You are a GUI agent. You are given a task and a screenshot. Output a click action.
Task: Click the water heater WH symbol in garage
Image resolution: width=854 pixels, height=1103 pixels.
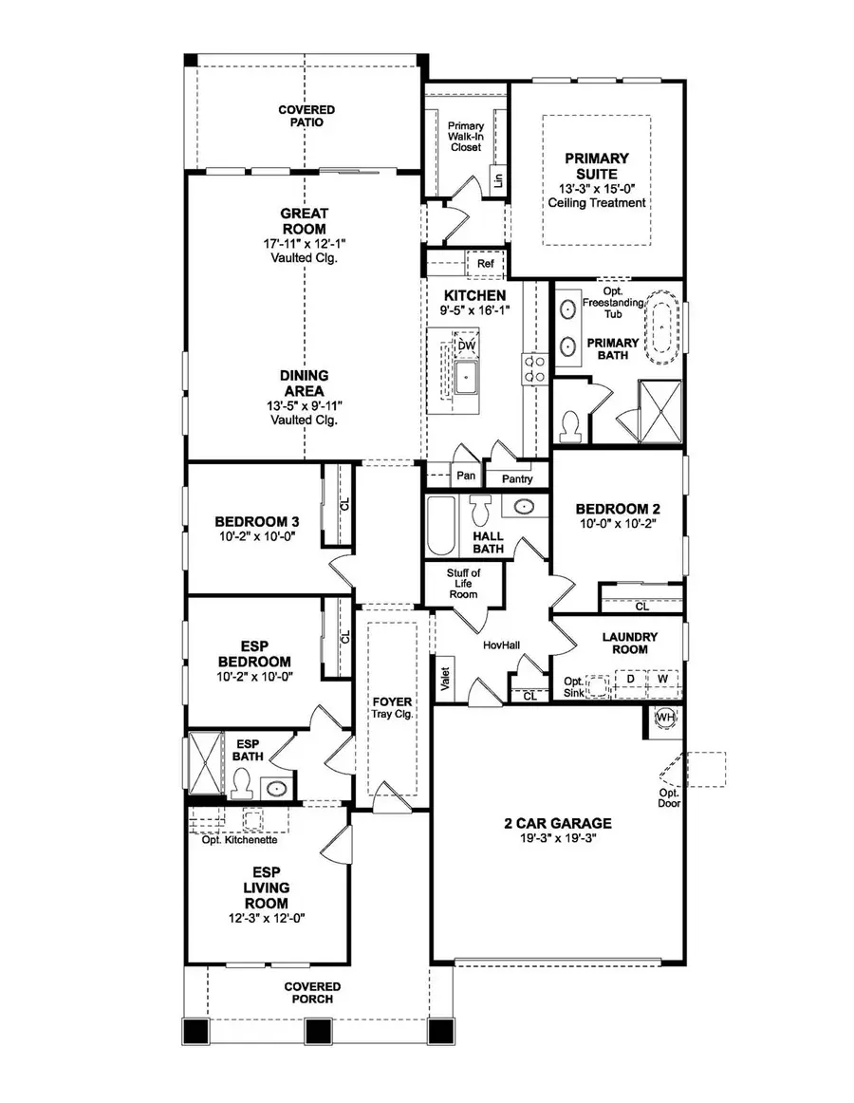(x=665, y=719)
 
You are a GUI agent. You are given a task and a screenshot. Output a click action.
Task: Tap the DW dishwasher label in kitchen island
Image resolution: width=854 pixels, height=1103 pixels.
(x=465, y=346)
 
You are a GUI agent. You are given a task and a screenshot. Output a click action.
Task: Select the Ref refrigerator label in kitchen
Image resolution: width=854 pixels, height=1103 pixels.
(x=485, y=263)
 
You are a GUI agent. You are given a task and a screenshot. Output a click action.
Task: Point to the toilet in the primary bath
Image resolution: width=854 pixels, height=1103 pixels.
(x=571, y=426)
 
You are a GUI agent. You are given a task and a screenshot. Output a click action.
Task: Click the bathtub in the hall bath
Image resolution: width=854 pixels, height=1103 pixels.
(x=441, y=527)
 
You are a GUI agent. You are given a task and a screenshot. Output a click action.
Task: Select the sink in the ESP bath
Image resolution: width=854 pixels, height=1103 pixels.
(x=276, y=787)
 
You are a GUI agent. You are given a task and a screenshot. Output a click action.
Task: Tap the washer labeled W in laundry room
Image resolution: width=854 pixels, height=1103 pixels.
(x=663, y=680)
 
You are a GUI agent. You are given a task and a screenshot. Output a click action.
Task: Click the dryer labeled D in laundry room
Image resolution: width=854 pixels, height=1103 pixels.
(x=629, y=680)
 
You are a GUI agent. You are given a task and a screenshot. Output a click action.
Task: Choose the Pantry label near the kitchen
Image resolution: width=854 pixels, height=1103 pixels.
(x=517, y=479)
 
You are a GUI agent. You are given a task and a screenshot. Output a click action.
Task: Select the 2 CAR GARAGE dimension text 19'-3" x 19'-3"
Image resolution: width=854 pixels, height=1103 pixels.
(x=557, y=839)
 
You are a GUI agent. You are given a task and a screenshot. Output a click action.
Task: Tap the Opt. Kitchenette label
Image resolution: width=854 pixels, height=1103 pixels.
(x=239, y=839)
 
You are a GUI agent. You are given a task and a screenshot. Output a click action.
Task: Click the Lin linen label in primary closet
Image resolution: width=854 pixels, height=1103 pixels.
(x=496, y=179)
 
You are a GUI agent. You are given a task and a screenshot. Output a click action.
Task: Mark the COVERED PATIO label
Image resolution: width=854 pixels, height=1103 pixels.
(x=306, y=117)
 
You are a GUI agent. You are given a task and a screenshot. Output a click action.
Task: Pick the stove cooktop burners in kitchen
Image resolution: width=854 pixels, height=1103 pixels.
(x=532, y=368)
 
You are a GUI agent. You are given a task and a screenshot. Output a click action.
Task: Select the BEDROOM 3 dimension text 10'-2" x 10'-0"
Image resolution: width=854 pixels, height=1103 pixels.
(x=256, y=536)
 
